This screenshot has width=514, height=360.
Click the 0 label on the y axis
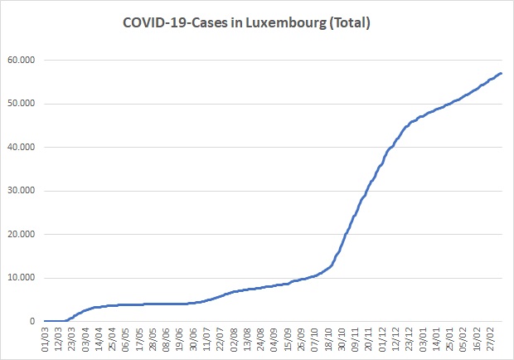33,321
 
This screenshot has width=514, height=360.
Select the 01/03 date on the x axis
46,338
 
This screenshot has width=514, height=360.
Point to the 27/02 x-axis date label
491,338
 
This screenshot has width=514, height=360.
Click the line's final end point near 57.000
502,74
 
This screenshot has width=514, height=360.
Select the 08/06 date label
167,338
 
